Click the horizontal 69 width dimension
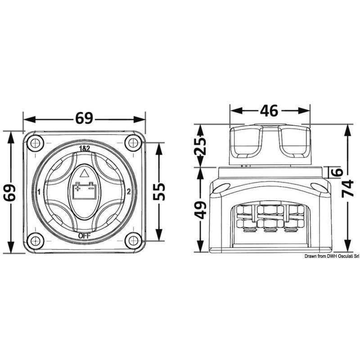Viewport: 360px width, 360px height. [x=84, y=119]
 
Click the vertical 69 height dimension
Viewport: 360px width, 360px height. [x=10, y=193]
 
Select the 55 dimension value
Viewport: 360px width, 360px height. [x=159, y=191]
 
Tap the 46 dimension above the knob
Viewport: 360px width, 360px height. [x=269, y=111]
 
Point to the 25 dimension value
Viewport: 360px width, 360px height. [x=200, y=146]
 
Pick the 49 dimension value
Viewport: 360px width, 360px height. [x=200, y=210]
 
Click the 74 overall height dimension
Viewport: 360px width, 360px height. [x=347, y=189]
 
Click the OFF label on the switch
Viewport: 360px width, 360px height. [x=84, y=236]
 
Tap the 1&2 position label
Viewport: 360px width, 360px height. [x=85, y=149]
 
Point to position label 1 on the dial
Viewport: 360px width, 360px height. [x=39, y=192]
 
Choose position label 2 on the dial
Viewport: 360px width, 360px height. [x=129, y=192]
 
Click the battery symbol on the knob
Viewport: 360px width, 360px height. [x=84, y=190]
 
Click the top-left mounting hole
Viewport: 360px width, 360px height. [x=36, y=144]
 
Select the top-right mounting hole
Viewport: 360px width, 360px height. [x=133, y=143]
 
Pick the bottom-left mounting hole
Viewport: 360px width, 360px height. [x=36, y=241]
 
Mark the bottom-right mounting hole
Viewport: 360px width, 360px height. [x=133, y=241]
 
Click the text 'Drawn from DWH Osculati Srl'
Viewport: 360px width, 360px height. [x=332, y=256]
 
